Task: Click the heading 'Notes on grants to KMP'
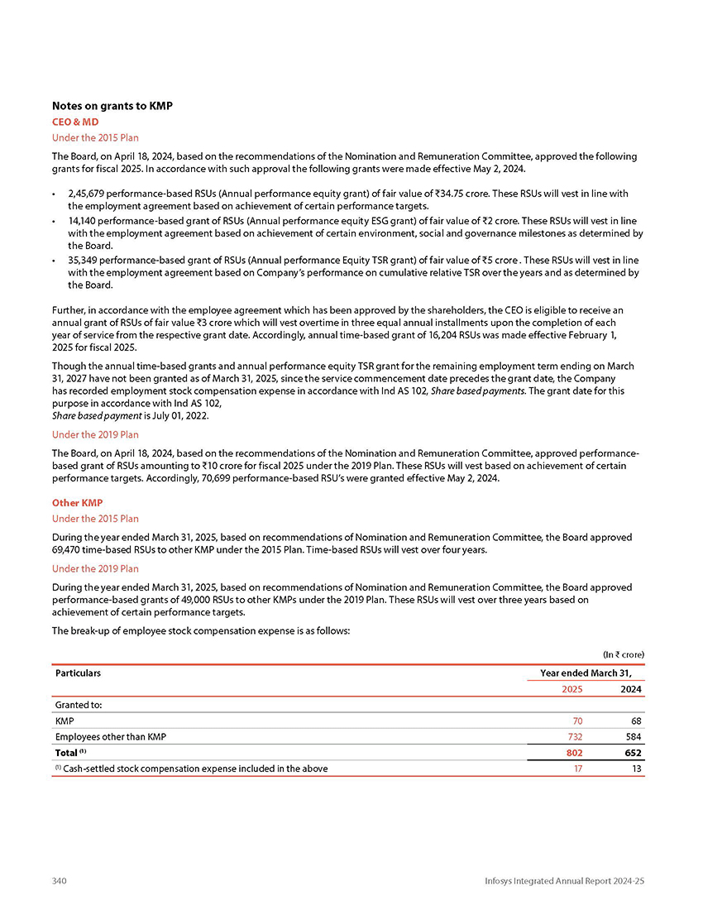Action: (112, 106)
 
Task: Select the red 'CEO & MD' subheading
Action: (75, 122)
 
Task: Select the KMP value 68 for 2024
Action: (636, 721)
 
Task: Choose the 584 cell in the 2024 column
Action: (634, 736)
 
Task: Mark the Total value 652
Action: (633, 753)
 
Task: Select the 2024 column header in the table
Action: (631, 688)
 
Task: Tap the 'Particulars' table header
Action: (78, 673)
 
